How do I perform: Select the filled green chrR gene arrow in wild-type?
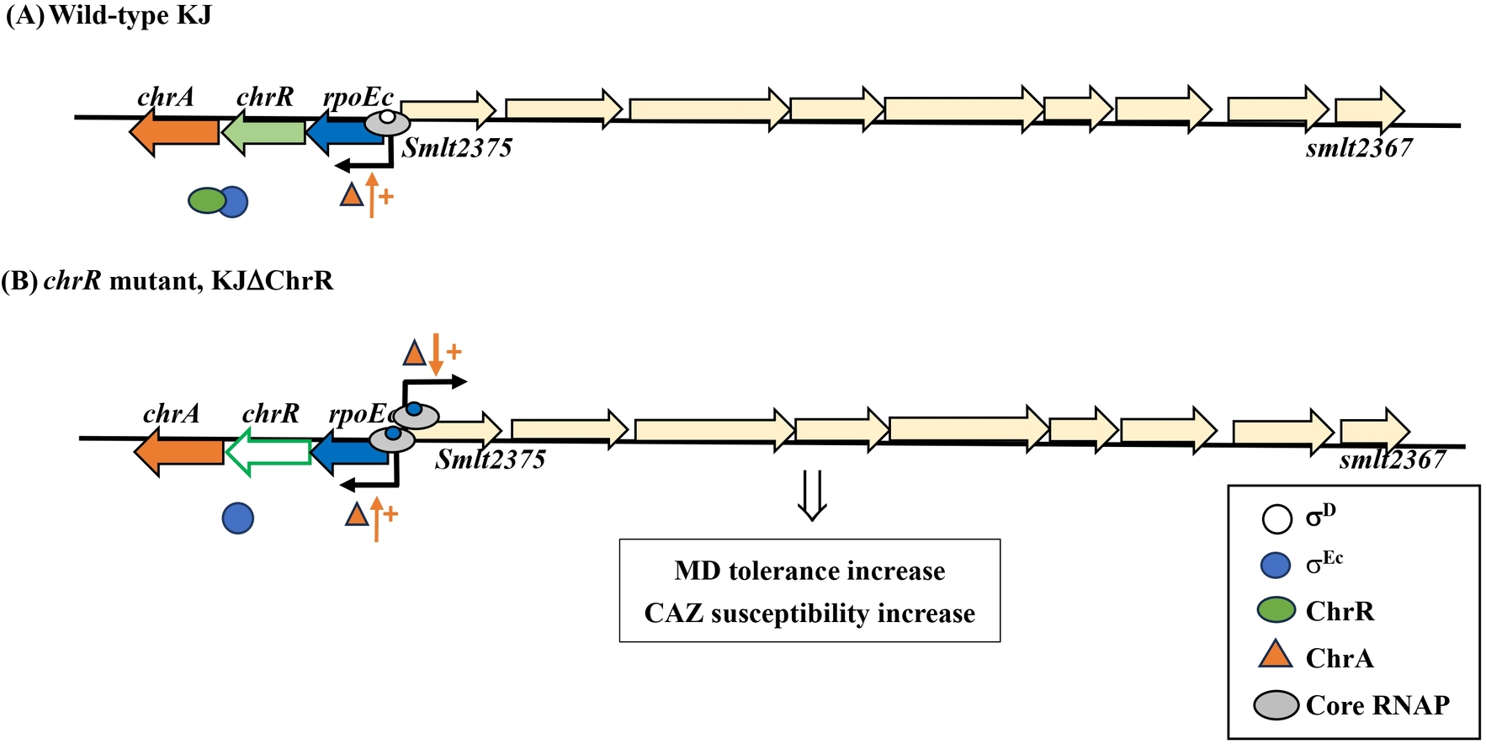click(265, 132)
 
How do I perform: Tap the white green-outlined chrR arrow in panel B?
click(270, 450)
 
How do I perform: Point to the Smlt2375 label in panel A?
click(457, 148)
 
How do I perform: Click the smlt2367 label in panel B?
click(1392, 460)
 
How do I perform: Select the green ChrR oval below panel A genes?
click(206, 200)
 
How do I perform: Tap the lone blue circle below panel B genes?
click(238, 518)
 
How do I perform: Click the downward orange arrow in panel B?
click(436, 353)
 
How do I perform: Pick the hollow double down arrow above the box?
click(812, 496)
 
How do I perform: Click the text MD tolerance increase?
click(809, 571)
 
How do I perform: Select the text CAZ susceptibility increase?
click(809, 614)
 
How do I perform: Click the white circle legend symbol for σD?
click(1276, 518)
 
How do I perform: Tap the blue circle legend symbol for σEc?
click(1276, 565)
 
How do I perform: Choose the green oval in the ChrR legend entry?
click(1276, 610)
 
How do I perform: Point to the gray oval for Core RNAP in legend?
click(1276, 704)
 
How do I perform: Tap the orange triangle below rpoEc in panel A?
click(352, 195)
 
